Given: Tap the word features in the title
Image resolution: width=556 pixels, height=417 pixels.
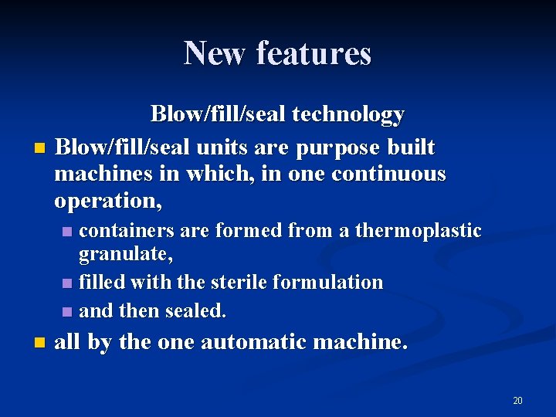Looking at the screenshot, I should point(314,53).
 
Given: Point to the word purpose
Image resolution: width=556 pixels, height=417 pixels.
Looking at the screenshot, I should point(344,147).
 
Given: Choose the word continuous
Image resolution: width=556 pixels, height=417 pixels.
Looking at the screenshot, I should point(388,174).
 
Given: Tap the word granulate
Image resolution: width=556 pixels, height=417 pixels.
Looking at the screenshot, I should point(126,254).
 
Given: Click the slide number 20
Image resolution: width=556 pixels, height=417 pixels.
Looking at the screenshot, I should point(517,400).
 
